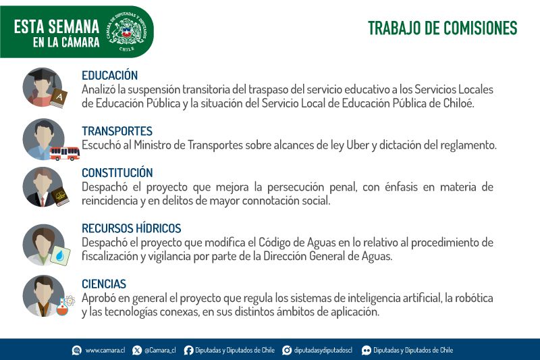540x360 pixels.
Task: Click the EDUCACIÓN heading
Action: click(x=109, y=76)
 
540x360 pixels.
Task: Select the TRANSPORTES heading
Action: click(x=117, y=131)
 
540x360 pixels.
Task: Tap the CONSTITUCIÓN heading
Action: click(x=117, y=173)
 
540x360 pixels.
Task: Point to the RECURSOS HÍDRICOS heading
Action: click(x=131, y=228)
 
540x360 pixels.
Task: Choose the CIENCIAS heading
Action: click(x=104, y=284)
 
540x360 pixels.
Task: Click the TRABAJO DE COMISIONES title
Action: click(x=443, y=28)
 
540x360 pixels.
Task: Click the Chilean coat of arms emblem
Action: click(x=127, y=31)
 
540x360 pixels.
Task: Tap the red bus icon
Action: click(x=65, y=153)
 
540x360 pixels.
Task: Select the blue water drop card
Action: click(x=60, y=255)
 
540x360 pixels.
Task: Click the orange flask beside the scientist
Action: click(x=62, y=307)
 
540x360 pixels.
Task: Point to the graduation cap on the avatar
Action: click(x=43, y=75)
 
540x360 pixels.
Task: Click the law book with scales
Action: click(x=60, y=197)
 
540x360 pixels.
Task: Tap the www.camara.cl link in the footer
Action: click(x=105, y=351)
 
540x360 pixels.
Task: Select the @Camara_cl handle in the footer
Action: click(x=160, y=351)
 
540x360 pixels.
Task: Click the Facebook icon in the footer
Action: click(x=188, y=351)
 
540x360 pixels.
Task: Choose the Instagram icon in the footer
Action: click(x=287, y=351)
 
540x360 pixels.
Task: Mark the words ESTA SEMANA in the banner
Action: click(x=57, y=27)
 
